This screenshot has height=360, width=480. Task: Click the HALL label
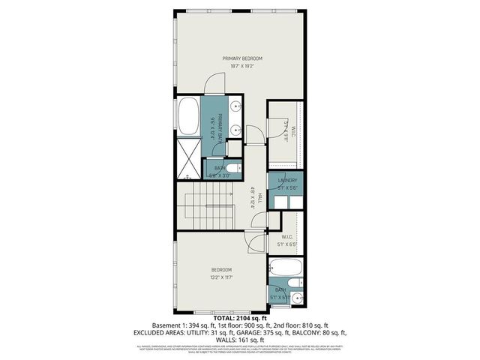(259, 198)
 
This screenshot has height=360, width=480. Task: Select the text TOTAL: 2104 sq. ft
(240, 318)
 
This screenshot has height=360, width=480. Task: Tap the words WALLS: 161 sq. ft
(240, 340)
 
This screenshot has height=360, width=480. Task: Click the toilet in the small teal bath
(233, 168)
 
